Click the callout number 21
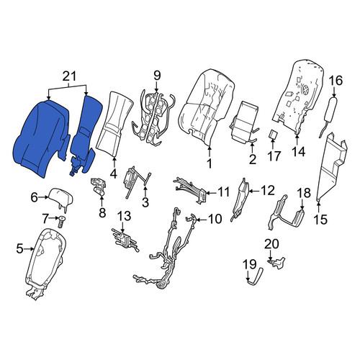69,76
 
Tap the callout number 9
156,76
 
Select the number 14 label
299,151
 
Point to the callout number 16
336,81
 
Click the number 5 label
20,248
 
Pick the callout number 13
125,216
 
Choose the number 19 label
250,264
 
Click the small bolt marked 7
62,222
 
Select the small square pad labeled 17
273,135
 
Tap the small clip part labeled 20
276,262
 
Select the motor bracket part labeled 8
99,186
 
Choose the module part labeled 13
125,240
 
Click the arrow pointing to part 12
254,192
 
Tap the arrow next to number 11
210,192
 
